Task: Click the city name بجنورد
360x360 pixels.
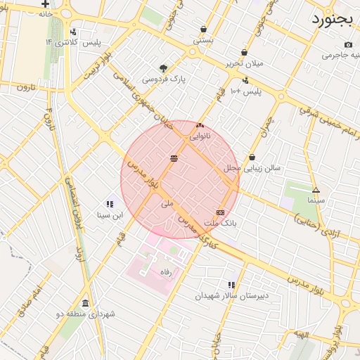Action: click(335, 18)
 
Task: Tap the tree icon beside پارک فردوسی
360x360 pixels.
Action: click(164, 68)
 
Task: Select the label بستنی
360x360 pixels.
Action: click(203, 41)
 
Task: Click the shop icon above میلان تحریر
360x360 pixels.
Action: click(244, 52)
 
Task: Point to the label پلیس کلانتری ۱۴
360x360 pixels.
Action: click(72, 42)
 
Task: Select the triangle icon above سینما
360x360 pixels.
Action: click(316, 190)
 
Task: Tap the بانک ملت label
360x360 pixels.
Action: click(221, 223)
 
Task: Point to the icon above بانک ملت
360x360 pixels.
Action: click(221, 212)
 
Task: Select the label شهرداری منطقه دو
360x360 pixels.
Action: click(85, 314)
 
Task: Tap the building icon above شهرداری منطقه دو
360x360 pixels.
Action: click(85, 303)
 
